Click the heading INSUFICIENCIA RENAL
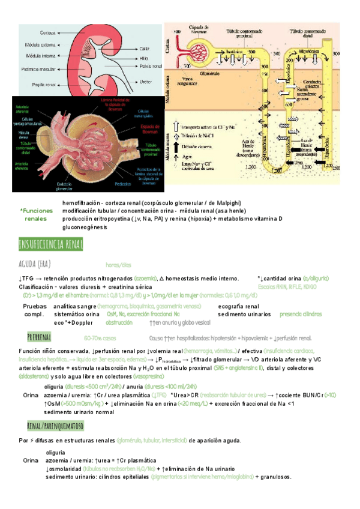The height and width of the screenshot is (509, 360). click(51, 244)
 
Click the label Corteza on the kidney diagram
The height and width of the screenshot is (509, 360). click(48, 32)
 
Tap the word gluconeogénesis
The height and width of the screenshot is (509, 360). click(83, 227)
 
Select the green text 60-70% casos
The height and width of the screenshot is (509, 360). click(100, 338)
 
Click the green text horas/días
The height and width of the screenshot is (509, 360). click(118, 265)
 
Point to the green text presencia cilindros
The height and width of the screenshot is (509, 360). click(301, 314)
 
